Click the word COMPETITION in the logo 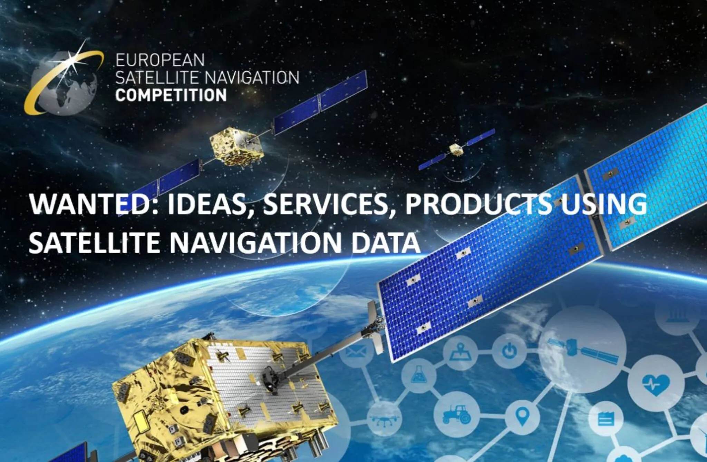pos(171,95)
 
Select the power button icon pos(509,351)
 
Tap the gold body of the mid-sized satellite pos(236,147)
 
